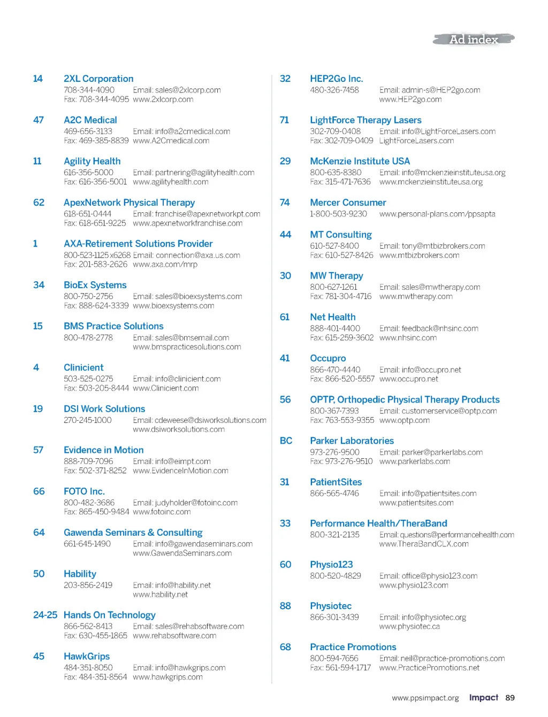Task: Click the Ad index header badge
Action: (x=474, y=39)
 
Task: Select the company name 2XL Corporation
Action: (x=98, y=79)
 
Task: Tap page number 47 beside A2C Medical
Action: (x=39, y=120)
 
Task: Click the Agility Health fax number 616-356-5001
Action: (x=95, y=182)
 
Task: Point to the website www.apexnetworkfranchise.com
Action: (x=187, y=223)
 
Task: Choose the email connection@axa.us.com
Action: (x=186, y=255)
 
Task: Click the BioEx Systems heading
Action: (x=95, y=285)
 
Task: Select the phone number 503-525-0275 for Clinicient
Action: (x=88, y=379)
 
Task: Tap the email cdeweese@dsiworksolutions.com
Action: (x=200, y=420)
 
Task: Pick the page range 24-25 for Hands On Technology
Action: (x=45, y=615)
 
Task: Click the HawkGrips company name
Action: (x=87, y=656)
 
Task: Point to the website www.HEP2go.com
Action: (x=410, y=99)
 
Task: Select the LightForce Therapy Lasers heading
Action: (x=366, y=120)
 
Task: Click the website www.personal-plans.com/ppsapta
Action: (x=437, y=214)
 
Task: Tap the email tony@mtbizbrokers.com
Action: (x=432, y=246)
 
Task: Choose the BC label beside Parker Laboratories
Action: (x=286, y=441)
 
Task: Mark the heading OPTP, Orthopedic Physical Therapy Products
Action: (x=405, y=399)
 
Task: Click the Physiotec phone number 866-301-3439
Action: (x=334, y=617)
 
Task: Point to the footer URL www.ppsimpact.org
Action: (x=425, y=698)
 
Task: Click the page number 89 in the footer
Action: (x=510, y=698)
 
